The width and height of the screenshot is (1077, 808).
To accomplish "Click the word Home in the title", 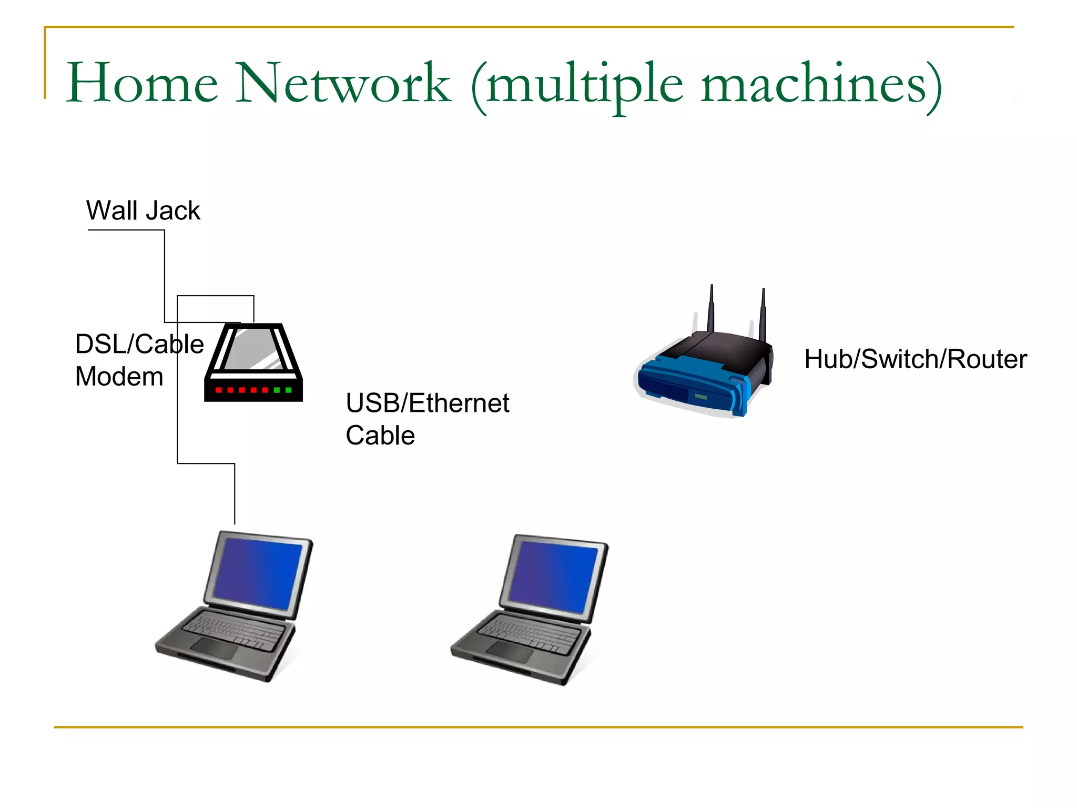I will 142,83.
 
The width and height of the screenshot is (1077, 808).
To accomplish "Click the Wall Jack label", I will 143,210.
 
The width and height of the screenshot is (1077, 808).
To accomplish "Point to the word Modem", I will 119,377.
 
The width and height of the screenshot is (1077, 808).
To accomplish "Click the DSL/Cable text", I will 139,344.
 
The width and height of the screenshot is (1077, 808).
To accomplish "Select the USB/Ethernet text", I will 427,403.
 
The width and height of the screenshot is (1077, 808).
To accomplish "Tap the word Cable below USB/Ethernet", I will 380,436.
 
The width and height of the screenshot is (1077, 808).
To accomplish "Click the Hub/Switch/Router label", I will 915,359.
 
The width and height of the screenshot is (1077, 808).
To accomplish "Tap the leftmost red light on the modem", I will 218,390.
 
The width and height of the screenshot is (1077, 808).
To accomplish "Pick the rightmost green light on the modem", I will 288,390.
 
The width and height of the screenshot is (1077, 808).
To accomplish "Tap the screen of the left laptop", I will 258,574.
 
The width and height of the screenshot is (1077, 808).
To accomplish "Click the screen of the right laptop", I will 553,578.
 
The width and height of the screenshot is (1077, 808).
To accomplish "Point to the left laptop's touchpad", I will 214,649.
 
